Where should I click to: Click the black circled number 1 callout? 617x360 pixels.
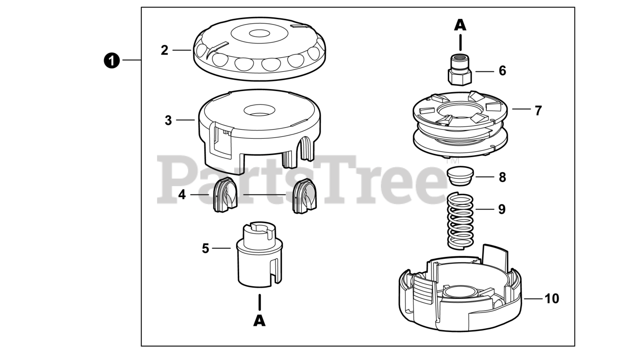(111, 61)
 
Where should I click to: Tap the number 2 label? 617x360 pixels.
(164, 51)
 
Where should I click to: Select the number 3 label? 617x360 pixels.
(168, 120)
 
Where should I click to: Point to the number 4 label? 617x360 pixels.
(182, 195)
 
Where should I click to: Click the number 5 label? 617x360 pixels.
(205, 249)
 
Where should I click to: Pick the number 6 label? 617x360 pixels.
(502, 71)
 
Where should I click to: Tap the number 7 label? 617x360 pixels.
(538, 111)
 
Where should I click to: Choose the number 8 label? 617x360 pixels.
(502, 177)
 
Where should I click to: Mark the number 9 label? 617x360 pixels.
(502, 209)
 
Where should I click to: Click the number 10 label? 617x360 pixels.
(552, 299)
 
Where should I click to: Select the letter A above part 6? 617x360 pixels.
(460, 25)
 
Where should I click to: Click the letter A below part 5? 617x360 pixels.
(259, 321)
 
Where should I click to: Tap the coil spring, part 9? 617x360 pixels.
(460, 221)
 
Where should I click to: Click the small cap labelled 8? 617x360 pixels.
(460, 176)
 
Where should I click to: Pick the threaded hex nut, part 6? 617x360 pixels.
(460, 70)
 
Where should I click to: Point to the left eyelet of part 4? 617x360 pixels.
(225, 195)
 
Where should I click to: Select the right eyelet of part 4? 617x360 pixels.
(304, 196)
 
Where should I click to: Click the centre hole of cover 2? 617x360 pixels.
(259, 34)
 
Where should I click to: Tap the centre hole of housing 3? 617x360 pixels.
(259, 110)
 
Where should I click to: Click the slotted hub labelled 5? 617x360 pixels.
(259, 254)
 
